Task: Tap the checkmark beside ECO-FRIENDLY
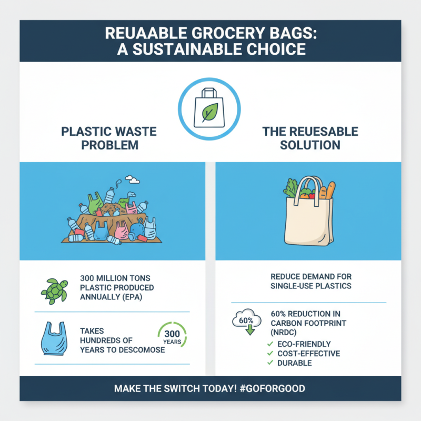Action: (270, 344)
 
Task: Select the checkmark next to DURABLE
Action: (270, 363)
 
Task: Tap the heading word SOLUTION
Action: (310, 145)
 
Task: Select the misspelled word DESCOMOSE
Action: (140, 350)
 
